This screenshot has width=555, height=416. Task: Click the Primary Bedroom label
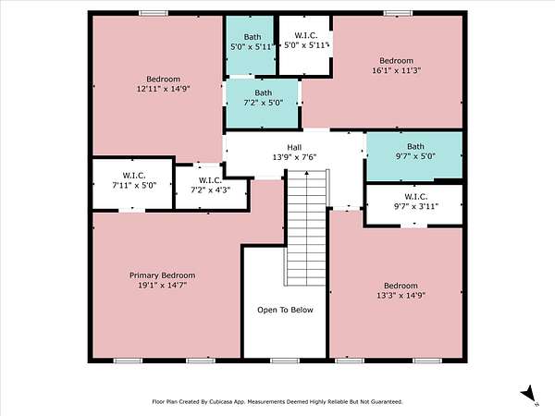tap(162, 275)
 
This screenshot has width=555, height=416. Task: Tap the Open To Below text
tap(285, 310)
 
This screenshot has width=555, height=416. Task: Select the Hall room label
tap(294, 148)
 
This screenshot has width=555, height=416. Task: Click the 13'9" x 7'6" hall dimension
tap(294, 157)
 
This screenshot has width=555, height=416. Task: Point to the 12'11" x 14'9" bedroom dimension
tap(164, 89)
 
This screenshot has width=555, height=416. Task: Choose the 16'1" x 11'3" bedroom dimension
tap(397, 70)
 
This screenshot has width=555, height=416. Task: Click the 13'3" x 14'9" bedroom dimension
tap(401, 295)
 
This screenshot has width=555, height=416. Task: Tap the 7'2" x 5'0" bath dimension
tap(264, 103)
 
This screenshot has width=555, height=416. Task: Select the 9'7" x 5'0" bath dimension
tap(415, 156)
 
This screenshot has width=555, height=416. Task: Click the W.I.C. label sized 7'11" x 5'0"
tap(134, 176)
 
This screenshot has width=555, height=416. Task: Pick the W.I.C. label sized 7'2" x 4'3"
tap(210, 180)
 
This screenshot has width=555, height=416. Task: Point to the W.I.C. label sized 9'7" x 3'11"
tap(416, 197)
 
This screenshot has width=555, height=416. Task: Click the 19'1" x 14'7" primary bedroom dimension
tap(162, 285)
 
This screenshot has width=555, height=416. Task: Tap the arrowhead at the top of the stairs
tap(306, 173)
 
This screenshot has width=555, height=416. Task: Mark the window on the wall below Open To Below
tap(285, 361)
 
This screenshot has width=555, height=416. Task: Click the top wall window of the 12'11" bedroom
tap(154, 14)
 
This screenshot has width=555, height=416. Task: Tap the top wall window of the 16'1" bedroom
tap(398, 14)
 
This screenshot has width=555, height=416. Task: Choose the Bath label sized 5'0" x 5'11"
tap(253, 37)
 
